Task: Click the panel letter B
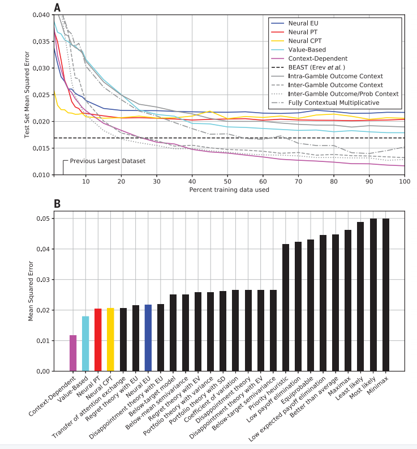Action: click(x=57, y=203)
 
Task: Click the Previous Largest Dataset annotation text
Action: click(x=108, y=161)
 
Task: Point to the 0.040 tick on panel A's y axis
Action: click(x=40, y=15)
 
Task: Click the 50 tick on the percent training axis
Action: click(x=227, y=181)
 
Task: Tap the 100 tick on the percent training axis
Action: click(x=404, y=181)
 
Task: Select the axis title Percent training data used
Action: click(x=229, y=190)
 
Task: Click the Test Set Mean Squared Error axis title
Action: click(x=27, y=93)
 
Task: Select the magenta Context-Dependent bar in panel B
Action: click(x=73, y=353)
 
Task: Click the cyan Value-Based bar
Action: click(x=85, y=344)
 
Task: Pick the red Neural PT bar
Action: click(x=98, y=340)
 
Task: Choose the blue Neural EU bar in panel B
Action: click(x=148, y=337)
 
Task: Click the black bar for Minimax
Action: click(x=386, y=294)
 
